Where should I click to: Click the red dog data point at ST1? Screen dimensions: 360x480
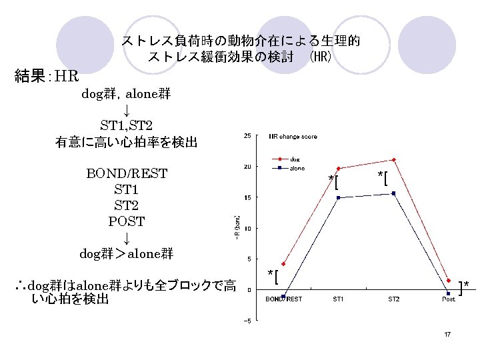click(339, 169)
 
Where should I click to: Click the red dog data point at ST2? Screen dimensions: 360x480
click(394, 160)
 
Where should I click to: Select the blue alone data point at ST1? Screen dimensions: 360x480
click(339, 198)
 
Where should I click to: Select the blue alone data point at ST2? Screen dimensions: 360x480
click(394, 193)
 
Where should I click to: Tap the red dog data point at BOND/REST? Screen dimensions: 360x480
click(283, 264)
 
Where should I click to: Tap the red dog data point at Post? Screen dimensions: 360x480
click(449, 281)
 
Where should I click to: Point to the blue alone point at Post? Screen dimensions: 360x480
click(448, 293)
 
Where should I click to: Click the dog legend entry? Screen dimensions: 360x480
click(294, 159)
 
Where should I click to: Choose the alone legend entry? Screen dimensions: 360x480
click(297, 168)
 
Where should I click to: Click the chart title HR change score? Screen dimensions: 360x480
click(293, 137)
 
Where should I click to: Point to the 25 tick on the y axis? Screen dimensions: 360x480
click(247, 136)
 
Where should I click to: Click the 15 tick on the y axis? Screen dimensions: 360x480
click(247, 197)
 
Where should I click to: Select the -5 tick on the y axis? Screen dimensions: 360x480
click(247, 320)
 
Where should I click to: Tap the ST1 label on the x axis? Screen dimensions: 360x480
click(339, 299)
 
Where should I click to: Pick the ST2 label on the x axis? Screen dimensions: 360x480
click(394, 299)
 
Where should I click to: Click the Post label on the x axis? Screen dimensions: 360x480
click(449, 299)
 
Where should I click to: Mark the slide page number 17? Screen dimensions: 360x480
click(448, 333)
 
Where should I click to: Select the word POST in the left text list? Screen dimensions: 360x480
click(127, 221)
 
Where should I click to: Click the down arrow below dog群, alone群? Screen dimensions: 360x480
click(126, 109)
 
